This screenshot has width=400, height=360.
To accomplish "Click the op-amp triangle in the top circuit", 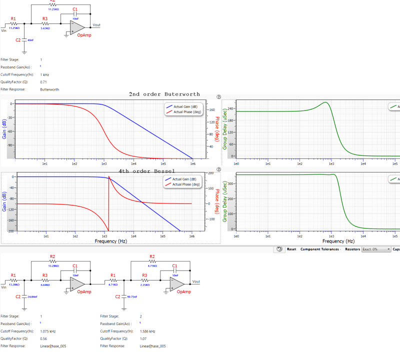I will coord(77,27).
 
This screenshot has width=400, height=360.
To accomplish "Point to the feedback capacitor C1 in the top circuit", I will coord(75,13).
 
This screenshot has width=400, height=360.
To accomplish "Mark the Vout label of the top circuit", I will coord(96,25).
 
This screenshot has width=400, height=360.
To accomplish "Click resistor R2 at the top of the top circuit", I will coord(53,6).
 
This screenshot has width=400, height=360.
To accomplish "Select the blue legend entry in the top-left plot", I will coord(182,106).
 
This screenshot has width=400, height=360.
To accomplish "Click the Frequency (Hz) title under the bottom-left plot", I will coord(110,241).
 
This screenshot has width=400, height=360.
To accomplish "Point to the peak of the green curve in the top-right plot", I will coord(326,102).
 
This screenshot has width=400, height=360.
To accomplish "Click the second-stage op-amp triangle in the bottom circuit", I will coord(176,284).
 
